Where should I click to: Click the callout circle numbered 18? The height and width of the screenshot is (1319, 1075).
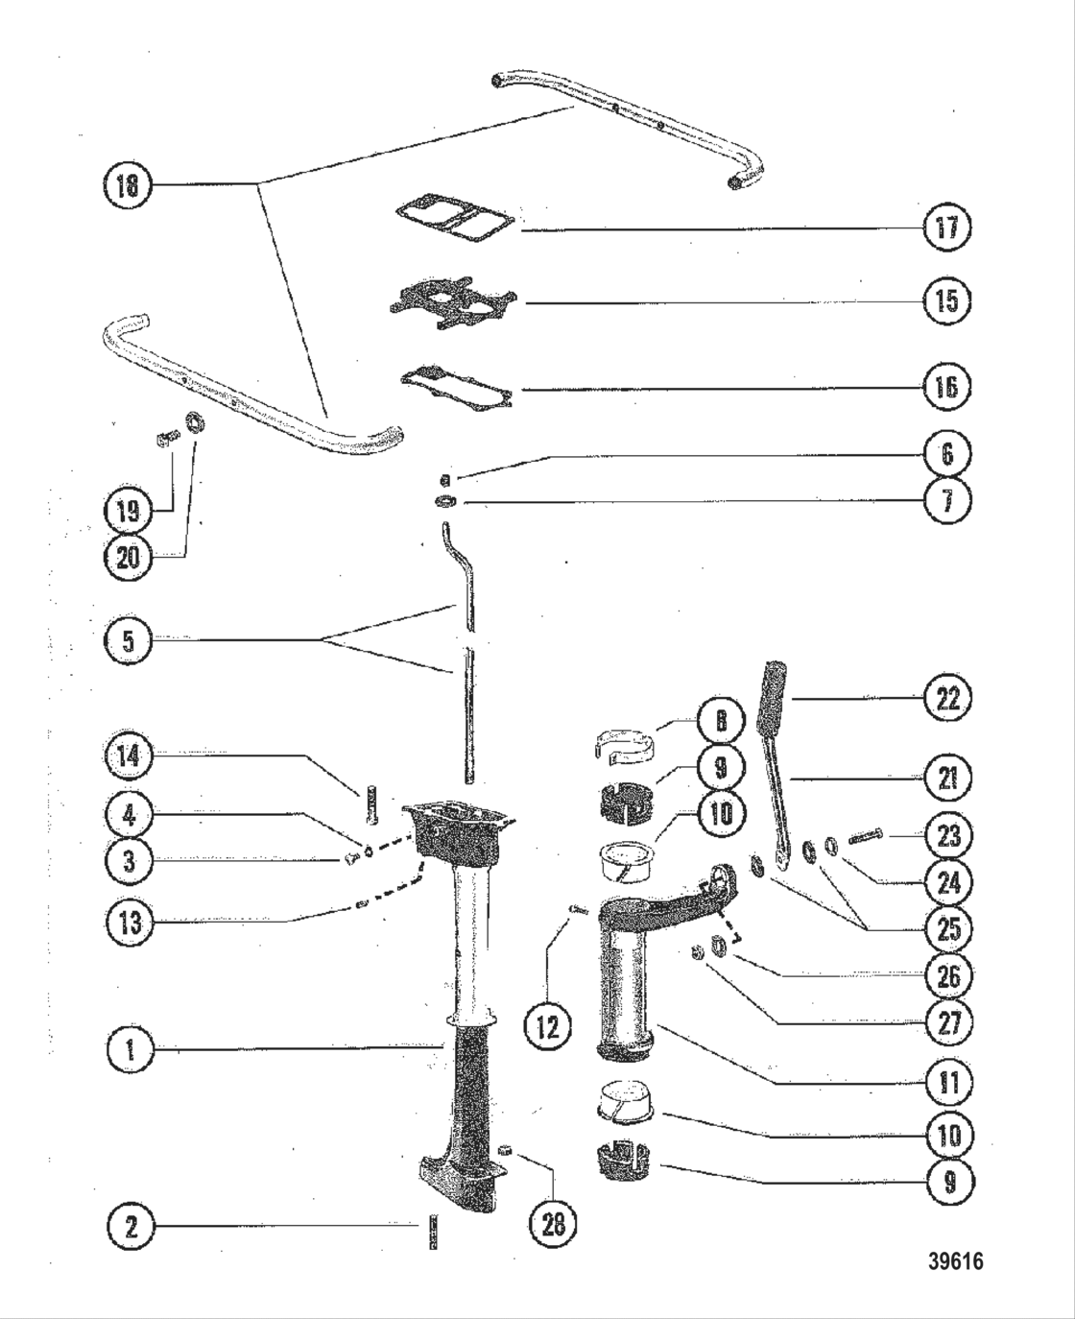(x=127, y=184)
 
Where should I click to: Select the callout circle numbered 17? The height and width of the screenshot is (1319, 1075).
(x=946, y=228)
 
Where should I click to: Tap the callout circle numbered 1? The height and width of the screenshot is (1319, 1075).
(x=130, y=1049)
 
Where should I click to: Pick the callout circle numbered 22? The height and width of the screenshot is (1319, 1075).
(x=947, y=698)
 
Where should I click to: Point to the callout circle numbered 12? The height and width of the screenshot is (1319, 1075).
(x=547, y=1026)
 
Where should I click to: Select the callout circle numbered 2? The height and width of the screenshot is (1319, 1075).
(x=130, y=1225)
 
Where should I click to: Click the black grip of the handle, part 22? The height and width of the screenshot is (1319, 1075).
(x=774, y=693)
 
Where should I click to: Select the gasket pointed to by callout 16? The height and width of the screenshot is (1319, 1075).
(x=455, y=386)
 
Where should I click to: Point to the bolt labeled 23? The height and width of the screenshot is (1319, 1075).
(x=865, y=840)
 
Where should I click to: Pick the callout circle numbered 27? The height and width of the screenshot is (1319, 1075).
(x=947, y=1021)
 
